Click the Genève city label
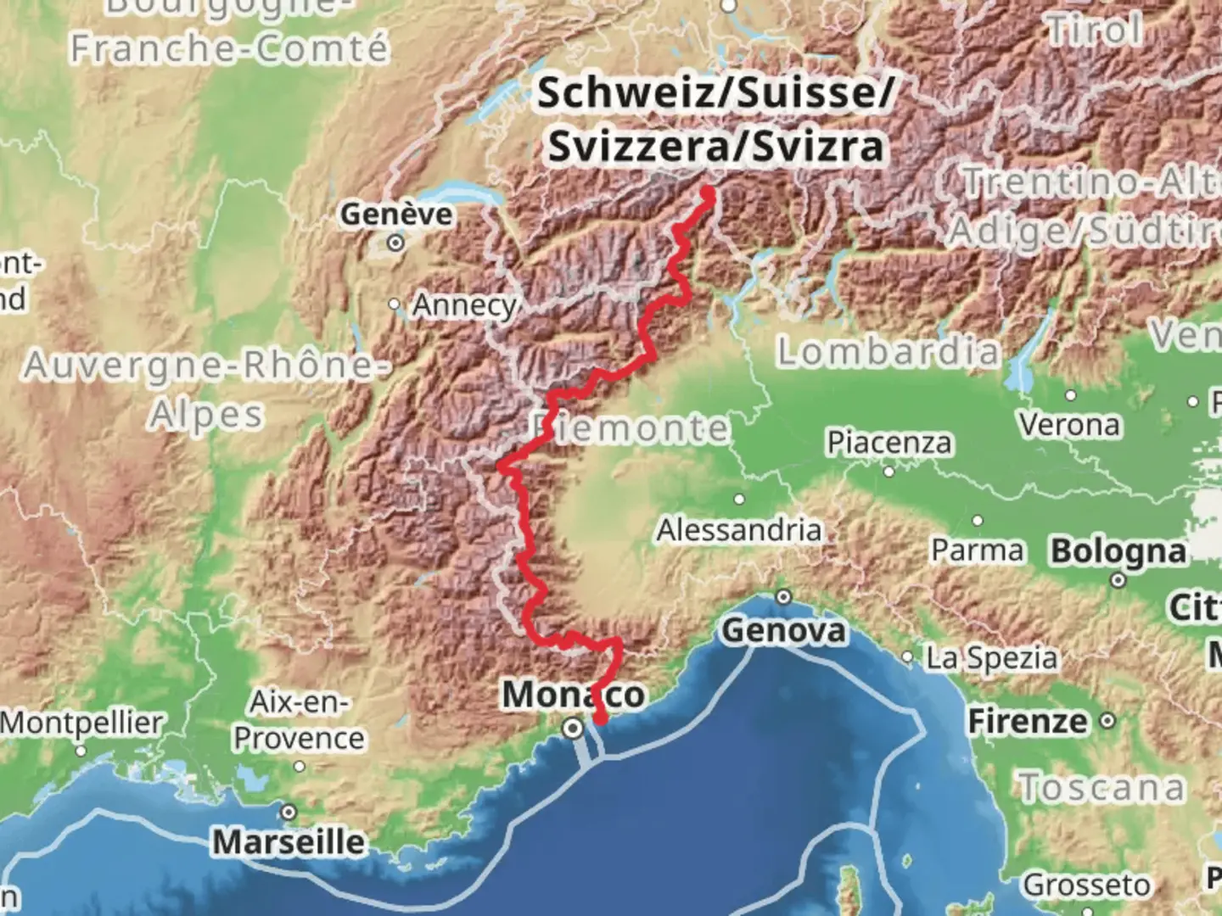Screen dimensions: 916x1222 tap(396, 215)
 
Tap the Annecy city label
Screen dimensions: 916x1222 tap(463, 305)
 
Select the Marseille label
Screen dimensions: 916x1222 tap(289, 842)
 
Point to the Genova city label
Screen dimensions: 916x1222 tap(783, 630)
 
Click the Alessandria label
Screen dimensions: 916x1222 tap(739, 530)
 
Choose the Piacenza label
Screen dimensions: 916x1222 tap(889, 442)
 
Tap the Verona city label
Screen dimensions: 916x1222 tap(1069, 424)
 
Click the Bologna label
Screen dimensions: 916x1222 tap(1118, 551)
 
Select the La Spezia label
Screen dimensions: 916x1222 tap(991, 658)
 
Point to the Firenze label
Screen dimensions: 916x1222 tap(1028, 722)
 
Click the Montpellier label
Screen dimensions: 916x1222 tap(81, 723)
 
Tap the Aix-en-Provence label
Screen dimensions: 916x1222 tap(299, 720)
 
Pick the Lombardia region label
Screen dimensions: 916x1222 tap(888, 351)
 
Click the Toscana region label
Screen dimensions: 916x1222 tap(1101, 788)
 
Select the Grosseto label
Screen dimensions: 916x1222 tap(1086, 885)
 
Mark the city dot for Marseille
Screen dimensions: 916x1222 tap(289, 813)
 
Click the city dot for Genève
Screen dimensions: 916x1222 tap(395, 244)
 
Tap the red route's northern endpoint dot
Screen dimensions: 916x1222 tap(708, 194)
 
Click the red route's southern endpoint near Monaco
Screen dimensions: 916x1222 tap(600, 720)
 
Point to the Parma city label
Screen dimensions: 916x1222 tap(978, 550)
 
